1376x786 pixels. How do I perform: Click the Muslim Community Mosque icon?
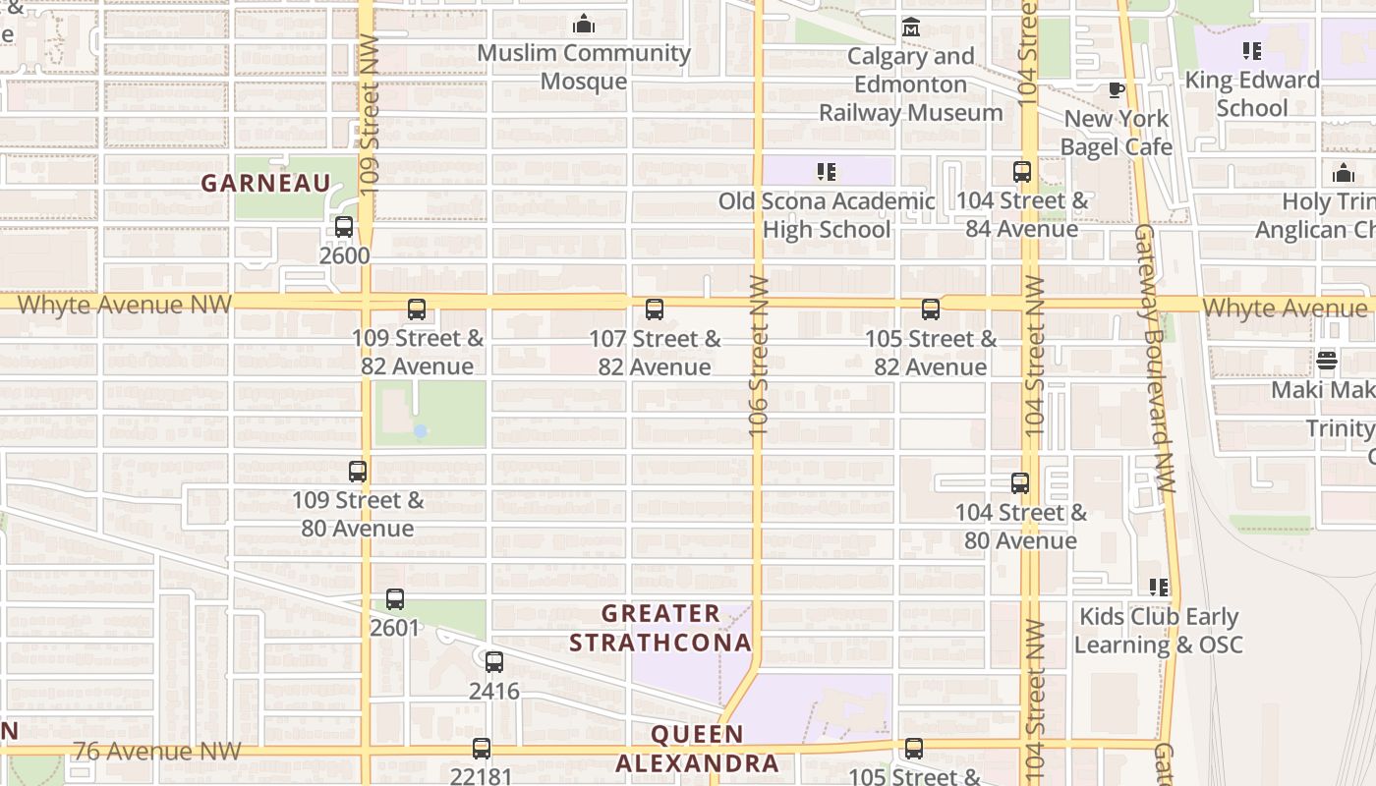click(584, 23)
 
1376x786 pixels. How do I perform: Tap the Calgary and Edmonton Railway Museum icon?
click(911, 27)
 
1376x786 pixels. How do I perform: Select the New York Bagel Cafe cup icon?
click(1116, 90)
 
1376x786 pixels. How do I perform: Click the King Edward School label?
click(1252, 93)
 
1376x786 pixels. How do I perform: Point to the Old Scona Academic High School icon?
click(827, 172)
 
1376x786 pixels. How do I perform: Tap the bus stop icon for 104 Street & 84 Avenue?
click(1022, 172)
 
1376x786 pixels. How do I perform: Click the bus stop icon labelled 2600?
click(344, 227)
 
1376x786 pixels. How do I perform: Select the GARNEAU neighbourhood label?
click(266, 183)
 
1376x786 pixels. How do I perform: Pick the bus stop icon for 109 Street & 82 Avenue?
click(417, 309)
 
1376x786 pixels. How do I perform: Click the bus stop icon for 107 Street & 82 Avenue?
click(655, 309)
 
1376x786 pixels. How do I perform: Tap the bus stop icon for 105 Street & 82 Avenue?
click(931, 309)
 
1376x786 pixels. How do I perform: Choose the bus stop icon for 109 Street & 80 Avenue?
click(358, 472)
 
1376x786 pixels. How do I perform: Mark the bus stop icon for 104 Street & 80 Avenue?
click(1020, 483)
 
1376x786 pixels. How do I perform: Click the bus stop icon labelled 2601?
click(395, 598)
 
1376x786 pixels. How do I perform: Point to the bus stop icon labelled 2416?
click(494, 662)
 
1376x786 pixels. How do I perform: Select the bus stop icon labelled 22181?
click(482, 749)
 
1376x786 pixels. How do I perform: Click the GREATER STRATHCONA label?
click(660, 628)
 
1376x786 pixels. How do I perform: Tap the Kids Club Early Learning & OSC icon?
click(1159, 588)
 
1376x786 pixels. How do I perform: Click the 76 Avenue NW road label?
click(156, 752)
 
